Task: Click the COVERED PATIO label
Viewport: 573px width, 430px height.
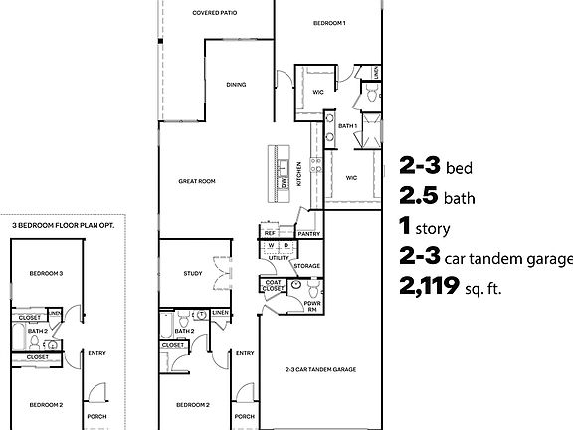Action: (x=214, y=14)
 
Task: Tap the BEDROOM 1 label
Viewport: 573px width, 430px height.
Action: (x=329, y=22)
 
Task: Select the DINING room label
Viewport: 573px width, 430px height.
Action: (x=235, y=85)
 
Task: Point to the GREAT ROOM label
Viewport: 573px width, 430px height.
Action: (x=197, y=181)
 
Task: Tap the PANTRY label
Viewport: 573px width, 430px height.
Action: (x=307, y=234)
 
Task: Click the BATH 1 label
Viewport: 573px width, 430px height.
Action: (x=346, y=126)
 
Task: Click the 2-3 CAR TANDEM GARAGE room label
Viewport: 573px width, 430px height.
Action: (x=321, y=369)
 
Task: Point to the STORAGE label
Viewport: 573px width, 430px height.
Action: (x=306, y=266)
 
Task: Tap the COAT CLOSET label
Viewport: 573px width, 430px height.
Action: (x=275, y=286)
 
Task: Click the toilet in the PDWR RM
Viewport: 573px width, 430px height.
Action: (x=310, y=290)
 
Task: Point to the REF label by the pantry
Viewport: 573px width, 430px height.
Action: (x=269, y=233)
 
